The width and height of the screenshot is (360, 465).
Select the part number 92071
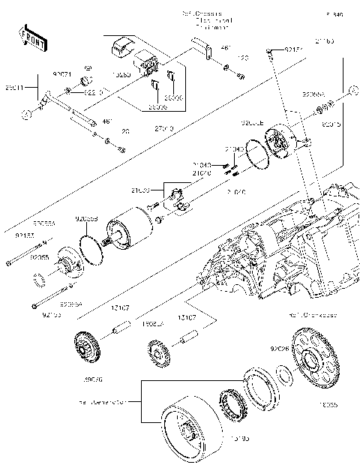pyautogui.click(x=61, y=76)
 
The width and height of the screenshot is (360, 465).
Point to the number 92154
pyautogui.click(x=295, y=49)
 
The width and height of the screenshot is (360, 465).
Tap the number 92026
pyautogui.click(x=280, y=349)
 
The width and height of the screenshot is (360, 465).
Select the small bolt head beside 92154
pyautogui.click(x=268, y=50)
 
